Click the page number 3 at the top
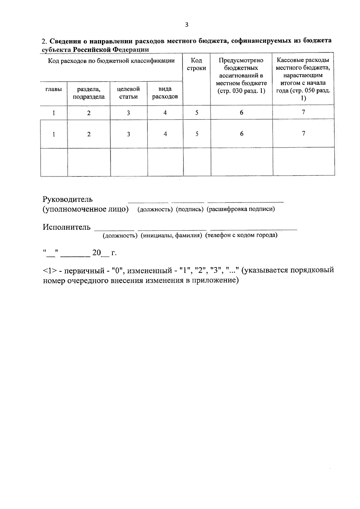187,25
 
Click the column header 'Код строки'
196,64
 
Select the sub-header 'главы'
54,89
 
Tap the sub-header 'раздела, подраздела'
89,93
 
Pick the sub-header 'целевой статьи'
128,93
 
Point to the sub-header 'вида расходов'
165,93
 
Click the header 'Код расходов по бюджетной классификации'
111,61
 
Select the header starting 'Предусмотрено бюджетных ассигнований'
241,76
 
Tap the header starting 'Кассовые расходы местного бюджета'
303,79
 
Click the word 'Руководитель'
68,199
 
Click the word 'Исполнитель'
67,227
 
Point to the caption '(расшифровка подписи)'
241,209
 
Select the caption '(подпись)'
190,209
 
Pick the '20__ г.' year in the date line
104,253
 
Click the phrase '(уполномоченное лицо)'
85,209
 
